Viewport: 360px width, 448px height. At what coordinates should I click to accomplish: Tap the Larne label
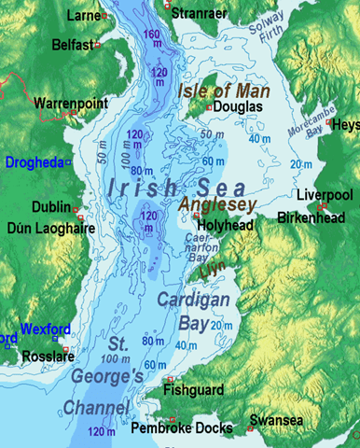(x=85, y=16)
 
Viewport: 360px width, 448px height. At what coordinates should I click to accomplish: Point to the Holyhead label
(x=227, y=224)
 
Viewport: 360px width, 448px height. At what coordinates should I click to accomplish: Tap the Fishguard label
(x=196, y=392)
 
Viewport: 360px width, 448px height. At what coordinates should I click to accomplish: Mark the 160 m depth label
(x=151, y=35)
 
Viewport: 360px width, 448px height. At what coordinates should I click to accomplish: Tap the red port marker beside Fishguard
(x=169, y=380)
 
